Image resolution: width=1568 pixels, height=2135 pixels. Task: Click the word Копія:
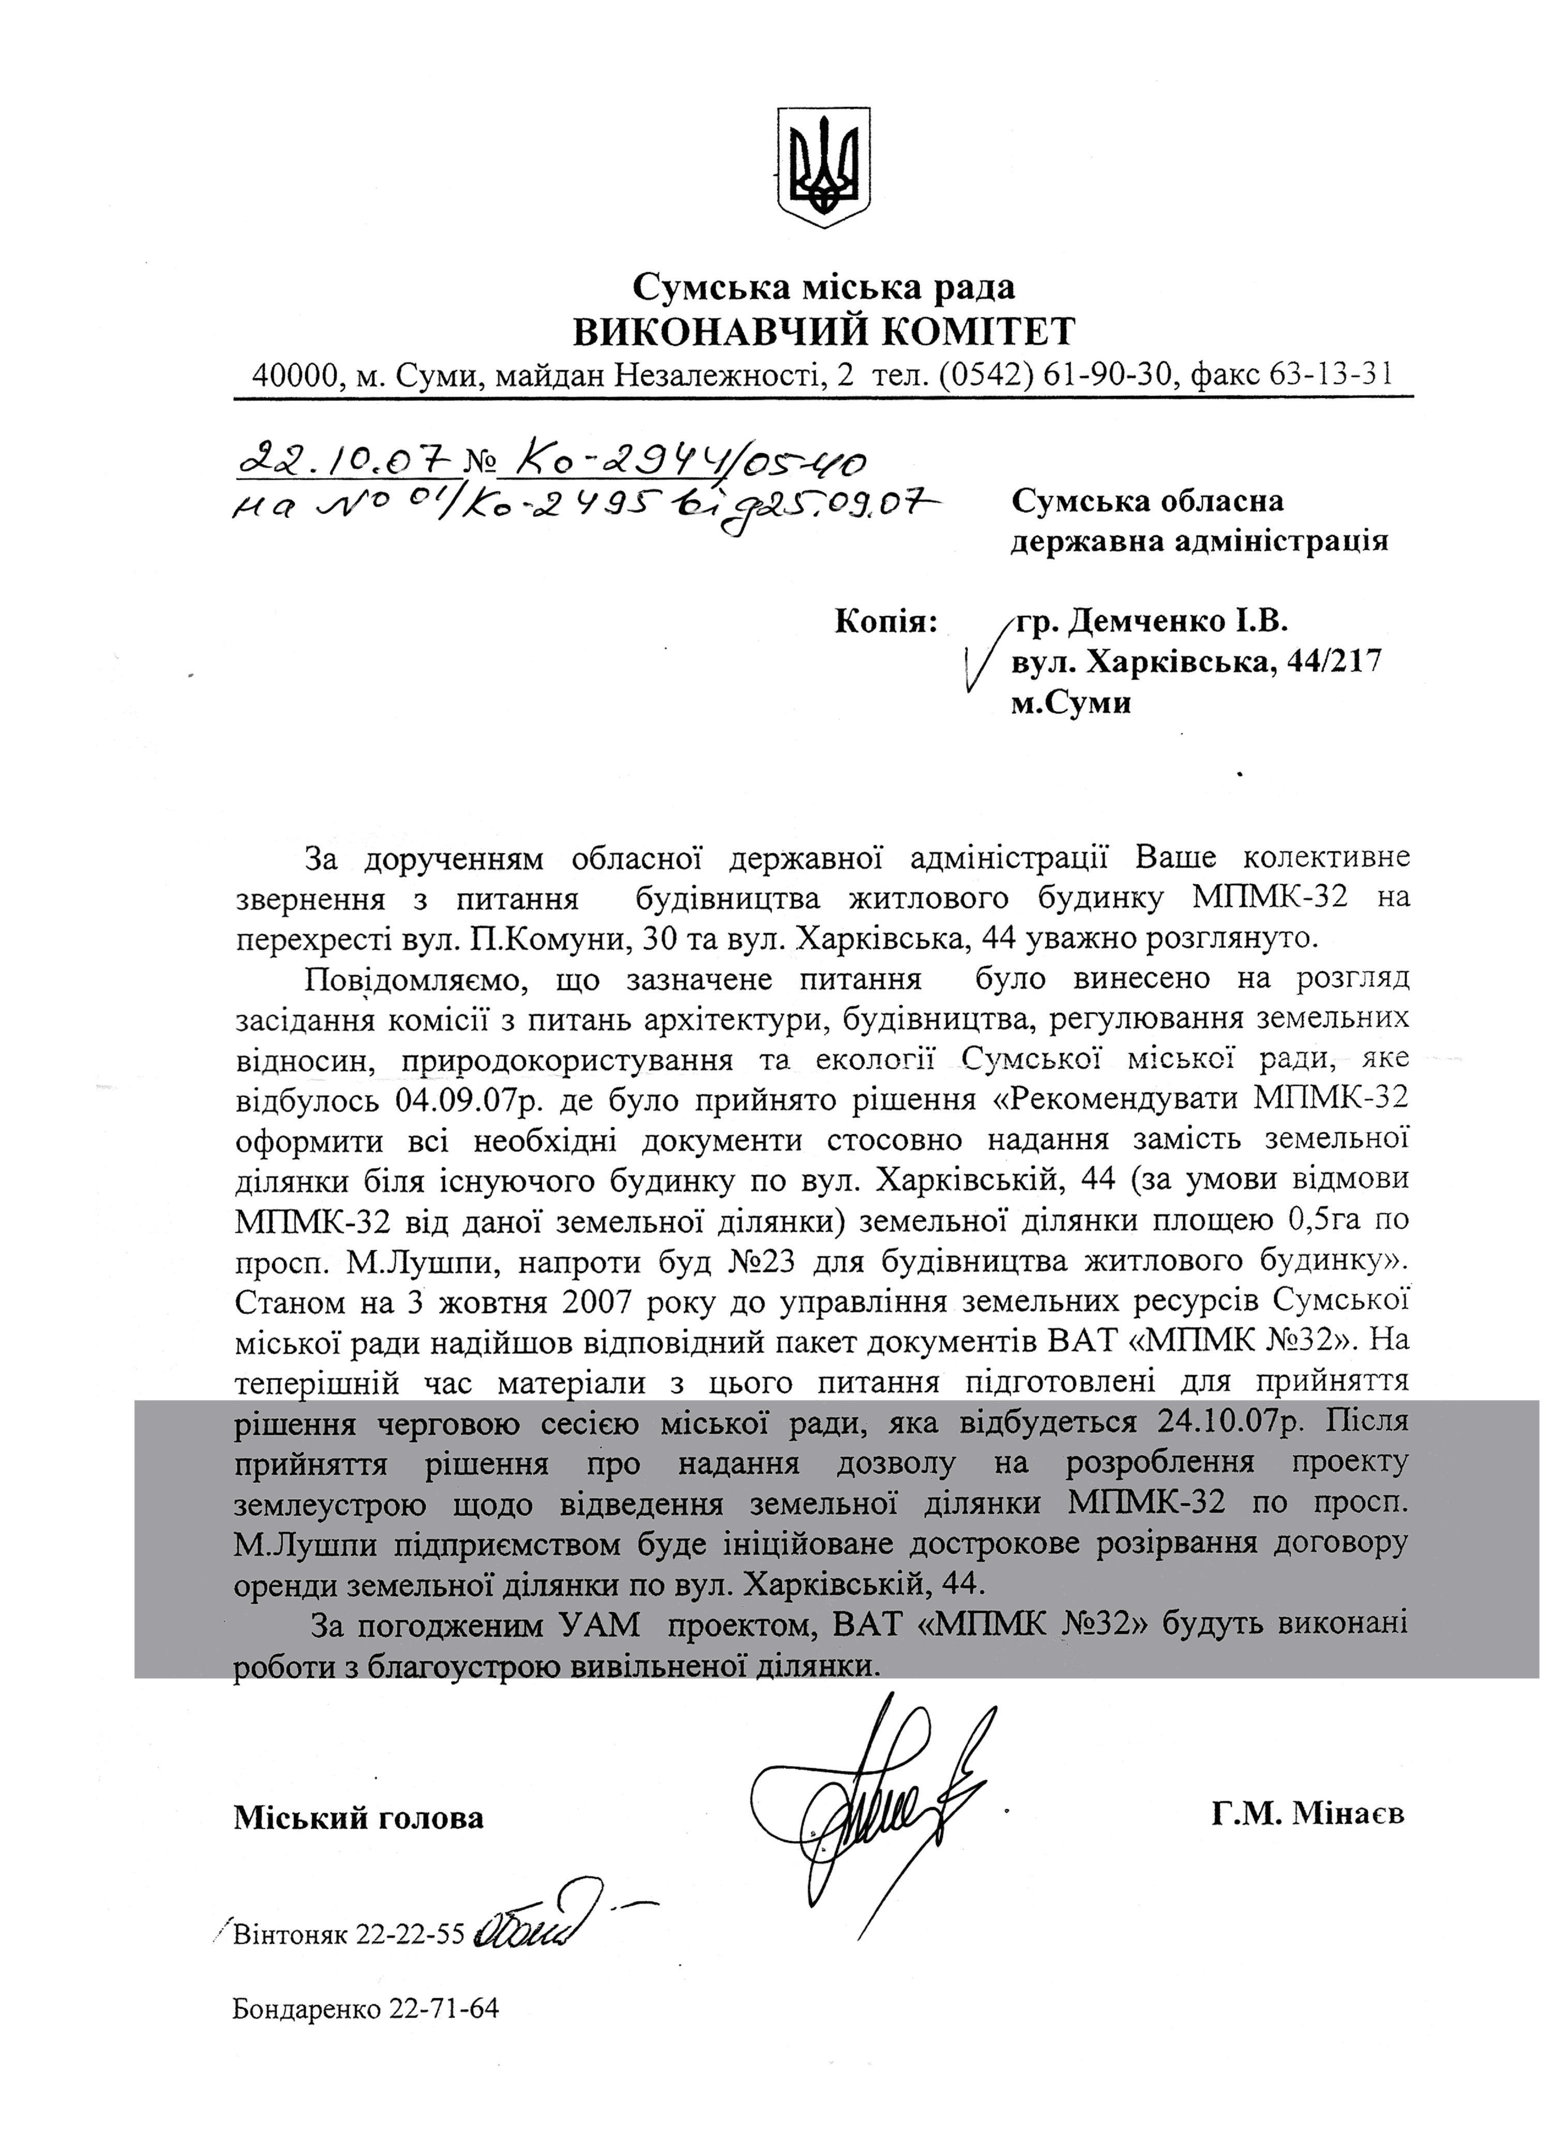pyautogui.click(x=885, y=622)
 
